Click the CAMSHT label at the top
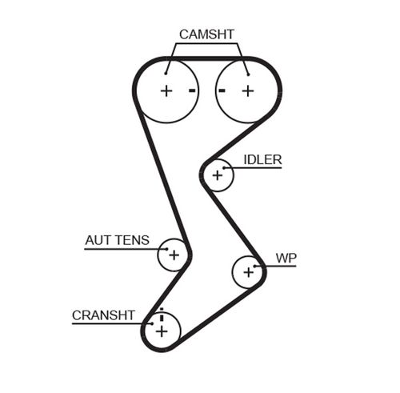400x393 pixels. [207, 34]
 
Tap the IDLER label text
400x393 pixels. [262, 159]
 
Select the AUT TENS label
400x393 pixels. [117, 239]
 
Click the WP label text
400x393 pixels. [286, 258]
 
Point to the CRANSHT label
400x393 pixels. [103, 315]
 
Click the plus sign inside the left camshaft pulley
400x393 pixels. [166, 90]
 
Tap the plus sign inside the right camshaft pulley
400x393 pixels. [247, 90]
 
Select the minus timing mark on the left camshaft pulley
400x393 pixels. [192, 90]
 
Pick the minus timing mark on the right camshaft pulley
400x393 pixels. [222, 90]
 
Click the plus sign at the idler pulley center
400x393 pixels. [217, 174]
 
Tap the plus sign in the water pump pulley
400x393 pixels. [248, 272]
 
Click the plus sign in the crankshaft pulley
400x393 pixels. [162, 329]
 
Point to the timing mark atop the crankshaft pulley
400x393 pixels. [161, 311]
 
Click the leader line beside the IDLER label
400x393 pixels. [256, 167]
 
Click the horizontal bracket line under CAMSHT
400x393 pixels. [207, 45]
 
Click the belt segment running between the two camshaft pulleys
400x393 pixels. [207, 58]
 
